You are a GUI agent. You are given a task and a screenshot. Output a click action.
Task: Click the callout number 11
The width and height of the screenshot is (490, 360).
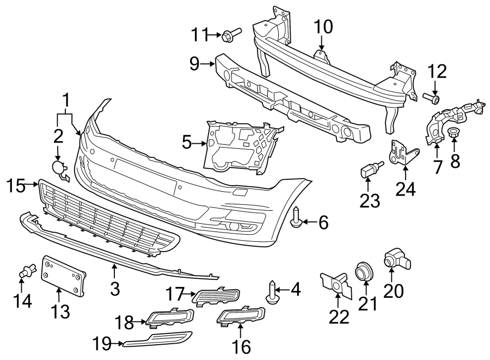pyautogui.click(x=199, y=35)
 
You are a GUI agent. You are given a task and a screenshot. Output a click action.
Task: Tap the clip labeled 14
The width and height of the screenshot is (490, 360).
pyautogui.click(x=27, y=269)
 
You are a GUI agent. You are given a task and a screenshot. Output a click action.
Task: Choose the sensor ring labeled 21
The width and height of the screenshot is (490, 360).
pyautogui.click(x=362, y=271)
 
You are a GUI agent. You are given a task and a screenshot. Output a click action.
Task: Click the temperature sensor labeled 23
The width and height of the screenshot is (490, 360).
pyautogui.click(x=368, y=171)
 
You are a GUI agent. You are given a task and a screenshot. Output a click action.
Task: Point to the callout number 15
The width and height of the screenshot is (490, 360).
pyautogui.click(x=17, y=186)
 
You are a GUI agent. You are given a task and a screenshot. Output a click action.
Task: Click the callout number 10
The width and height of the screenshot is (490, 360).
pyautogui.click(x=322, y=26)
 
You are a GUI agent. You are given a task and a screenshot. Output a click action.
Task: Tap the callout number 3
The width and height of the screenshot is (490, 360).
pyautogui.click(x=114, y=288)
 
